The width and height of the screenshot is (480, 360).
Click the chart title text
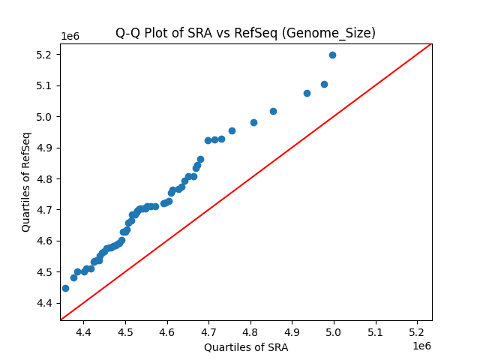click(x=245, y=33)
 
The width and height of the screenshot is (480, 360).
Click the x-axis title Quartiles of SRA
click(x=245, y=347)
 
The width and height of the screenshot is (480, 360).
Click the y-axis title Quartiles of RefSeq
click(x=26, y=181)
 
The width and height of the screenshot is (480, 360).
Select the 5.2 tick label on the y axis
click(x=46, y=55)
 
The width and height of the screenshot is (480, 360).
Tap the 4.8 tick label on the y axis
click(x=46, y=179)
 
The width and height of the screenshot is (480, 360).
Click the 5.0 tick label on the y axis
click(x=46, y=117)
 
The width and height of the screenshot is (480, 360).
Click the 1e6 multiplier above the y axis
click(x=71, y=37)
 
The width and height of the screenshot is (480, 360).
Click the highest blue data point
click(x=332, y=55)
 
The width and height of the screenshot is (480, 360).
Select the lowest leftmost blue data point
click(x=65, y=288)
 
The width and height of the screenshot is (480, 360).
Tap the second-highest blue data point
click(x=324, y=84)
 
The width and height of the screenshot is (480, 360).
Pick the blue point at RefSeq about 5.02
click(x=273, y=111)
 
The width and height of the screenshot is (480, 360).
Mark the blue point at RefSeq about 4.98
click(x=253, y=122)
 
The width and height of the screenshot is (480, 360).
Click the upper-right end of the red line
click(x=431, y=43)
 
